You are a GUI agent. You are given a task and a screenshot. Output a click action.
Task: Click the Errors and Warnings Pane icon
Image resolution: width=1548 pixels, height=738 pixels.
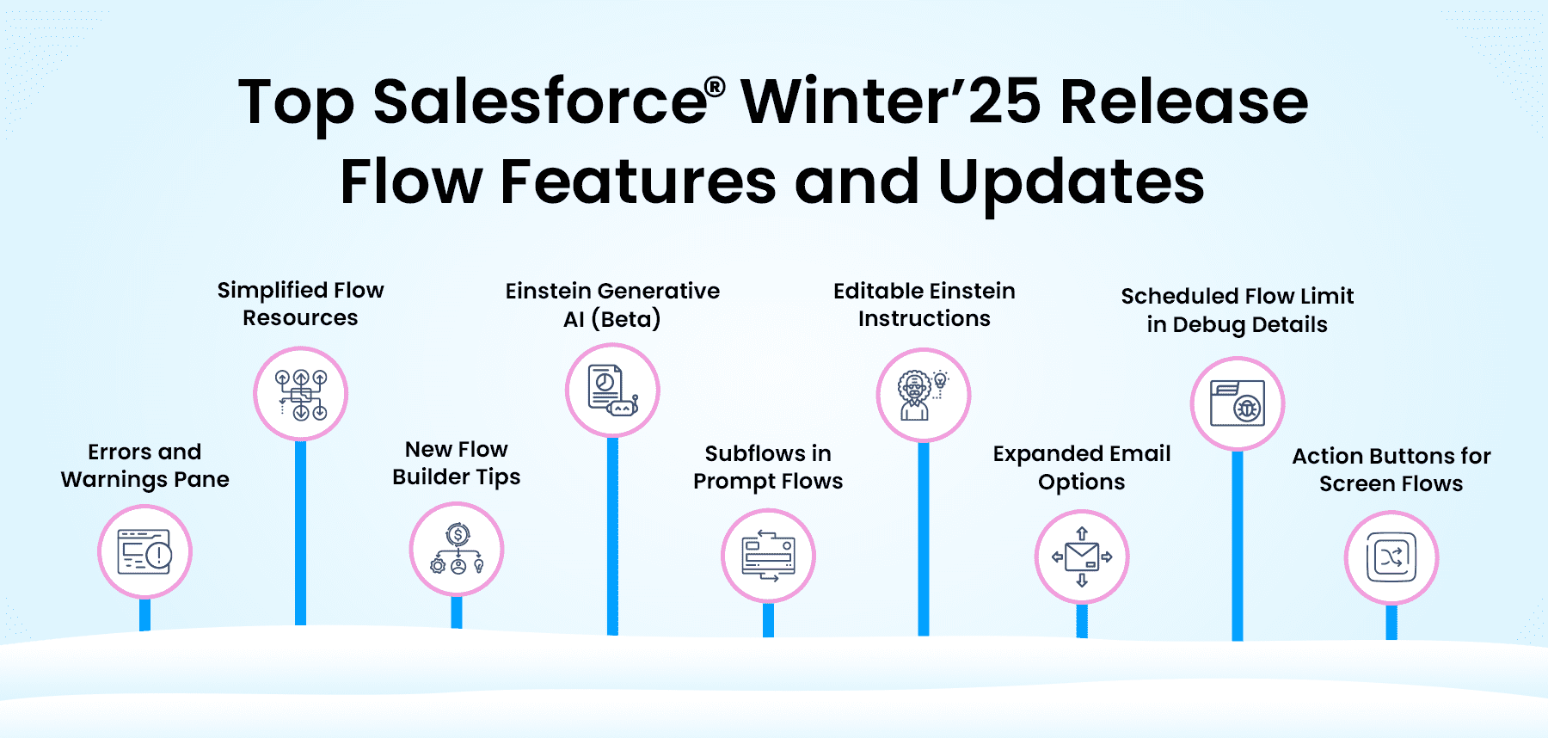[144, 551]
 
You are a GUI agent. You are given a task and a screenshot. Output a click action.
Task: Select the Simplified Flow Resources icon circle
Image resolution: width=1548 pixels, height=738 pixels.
[300, 394]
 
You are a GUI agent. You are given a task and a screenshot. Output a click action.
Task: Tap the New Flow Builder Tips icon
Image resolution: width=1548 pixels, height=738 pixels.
[457, 549]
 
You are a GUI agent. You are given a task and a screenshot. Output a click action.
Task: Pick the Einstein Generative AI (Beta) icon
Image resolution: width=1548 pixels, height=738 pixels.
[612, 391]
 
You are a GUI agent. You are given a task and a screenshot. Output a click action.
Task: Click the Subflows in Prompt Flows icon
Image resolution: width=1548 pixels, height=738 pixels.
[768, 557]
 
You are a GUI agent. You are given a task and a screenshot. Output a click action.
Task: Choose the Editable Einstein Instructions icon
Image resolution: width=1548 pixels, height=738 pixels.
[923, 395]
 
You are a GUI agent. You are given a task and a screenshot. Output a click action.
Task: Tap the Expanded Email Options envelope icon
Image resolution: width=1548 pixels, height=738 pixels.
[1082, 557]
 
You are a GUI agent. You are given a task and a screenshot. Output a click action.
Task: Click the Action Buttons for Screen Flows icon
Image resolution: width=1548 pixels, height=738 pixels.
[1391, 557]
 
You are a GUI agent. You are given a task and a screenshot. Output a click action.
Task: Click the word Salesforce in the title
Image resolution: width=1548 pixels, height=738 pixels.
[540, 101]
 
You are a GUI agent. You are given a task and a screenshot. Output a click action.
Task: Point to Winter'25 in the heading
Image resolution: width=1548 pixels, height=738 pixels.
[890, 101]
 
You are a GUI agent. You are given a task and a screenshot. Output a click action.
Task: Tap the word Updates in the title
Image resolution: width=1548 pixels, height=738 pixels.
[1072, 181]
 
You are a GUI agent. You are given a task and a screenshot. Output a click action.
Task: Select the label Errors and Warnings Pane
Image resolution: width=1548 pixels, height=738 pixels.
[144, 465]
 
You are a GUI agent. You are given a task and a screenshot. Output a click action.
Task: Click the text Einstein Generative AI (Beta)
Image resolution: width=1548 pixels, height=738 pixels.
[612, 304]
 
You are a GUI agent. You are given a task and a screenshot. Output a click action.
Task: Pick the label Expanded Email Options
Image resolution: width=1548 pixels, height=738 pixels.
[1082, 467]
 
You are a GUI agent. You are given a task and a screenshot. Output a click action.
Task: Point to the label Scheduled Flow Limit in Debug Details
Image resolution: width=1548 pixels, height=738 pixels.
[1238, 310]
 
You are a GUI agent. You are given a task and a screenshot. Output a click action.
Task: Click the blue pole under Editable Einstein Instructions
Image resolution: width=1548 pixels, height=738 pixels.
[924, 538]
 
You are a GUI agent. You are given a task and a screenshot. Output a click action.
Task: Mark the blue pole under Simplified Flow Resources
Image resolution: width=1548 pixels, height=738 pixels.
[300, 532]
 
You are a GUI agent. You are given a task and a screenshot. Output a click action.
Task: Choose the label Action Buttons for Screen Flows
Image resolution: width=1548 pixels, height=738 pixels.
[1391, 469]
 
